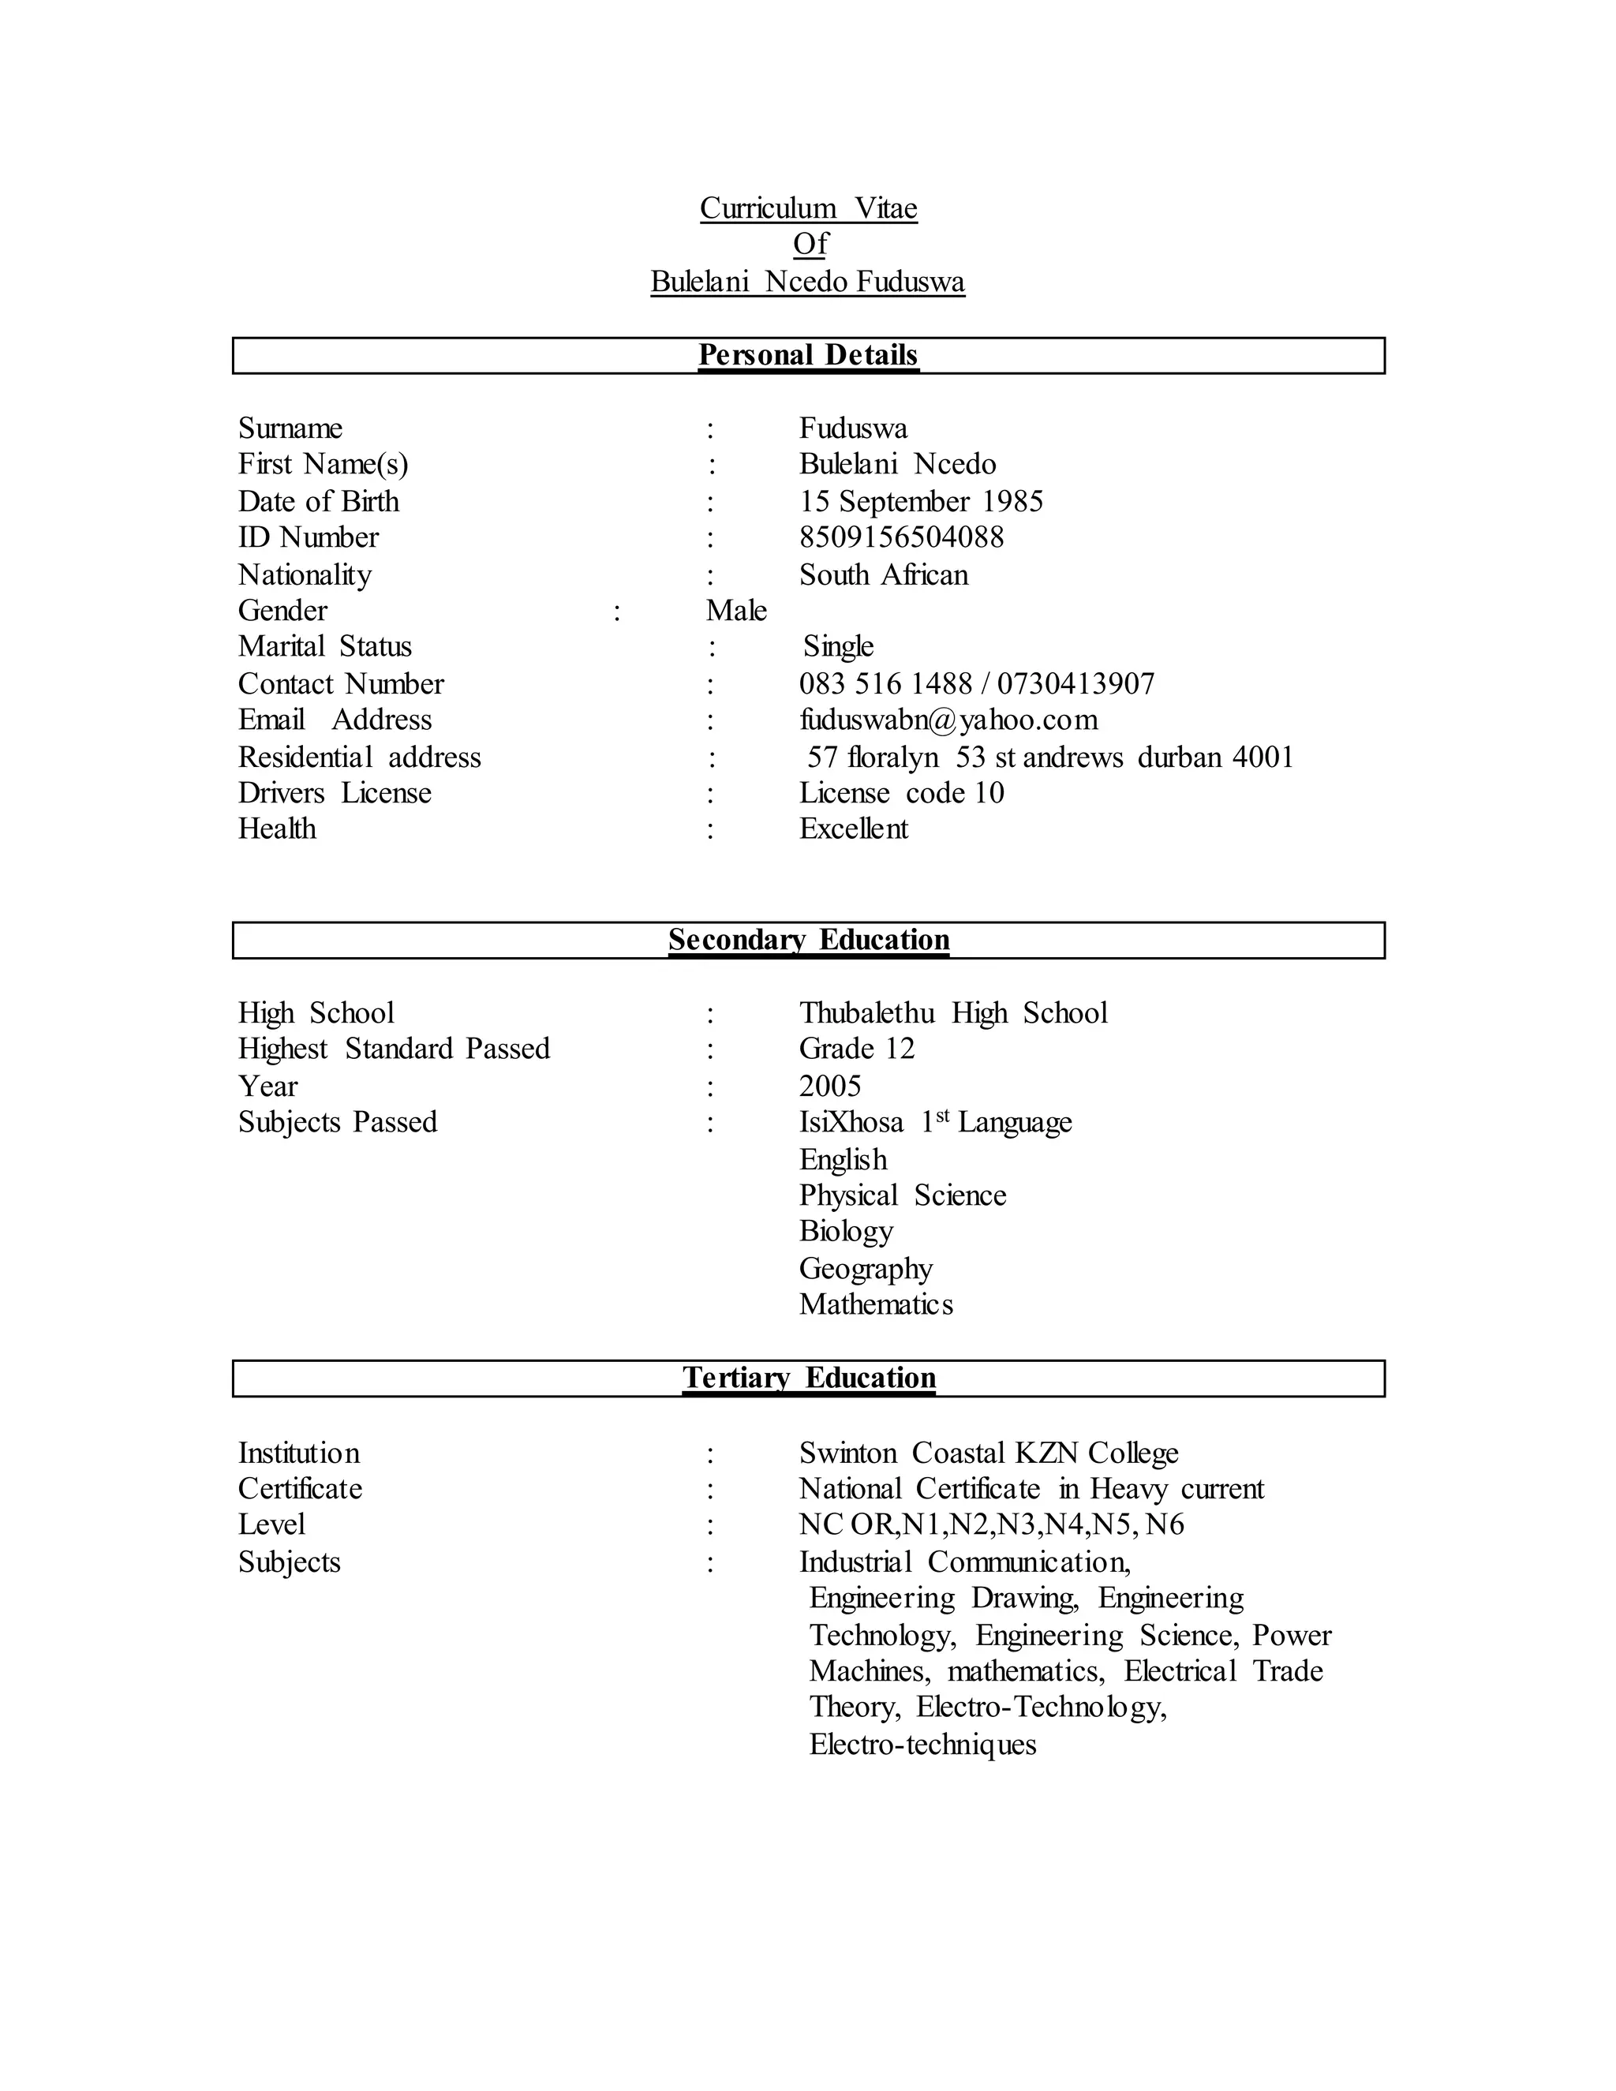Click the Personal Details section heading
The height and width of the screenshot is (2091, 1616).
(x=808, y=355)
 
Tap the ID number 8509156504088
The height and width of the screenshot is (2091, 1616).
(x=901, y=537)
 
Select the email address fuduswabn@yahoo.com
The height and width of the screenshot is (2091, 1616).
(x=948, y=720)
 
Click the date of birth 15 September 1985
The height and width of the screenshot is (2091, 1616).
(x=920, y=501)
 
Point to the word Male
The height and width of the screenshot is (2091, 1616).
(x=735, y=611)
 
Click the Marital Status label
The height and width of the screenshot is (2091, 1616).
(x=324, y=646)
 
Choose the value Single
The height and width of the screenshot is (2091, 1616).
(x=838, y=646)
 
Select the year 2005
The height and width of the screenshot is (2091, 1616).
(x=829, y=1086)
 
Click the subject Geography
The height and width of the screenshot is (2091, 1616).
(x=866, y=1269)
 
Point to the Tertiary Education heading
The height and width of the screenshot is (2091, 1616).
(x=808, y=1378)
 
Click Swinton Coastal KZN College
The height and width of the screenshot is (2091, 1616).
(x=988, y=1453)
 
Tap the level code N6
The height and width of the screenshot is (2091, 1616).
(x=1164, y=1524)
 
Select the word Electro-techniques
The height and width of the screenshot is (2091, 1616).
(x=922, y=1745)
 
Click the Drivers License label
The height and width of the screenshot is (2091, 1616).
(x=334, y=793)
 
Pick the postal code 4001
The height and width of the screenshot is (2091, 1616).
(x=1262, y=757)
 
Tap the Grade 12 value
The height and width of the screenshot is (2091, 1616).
(x=856, y=1049)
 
